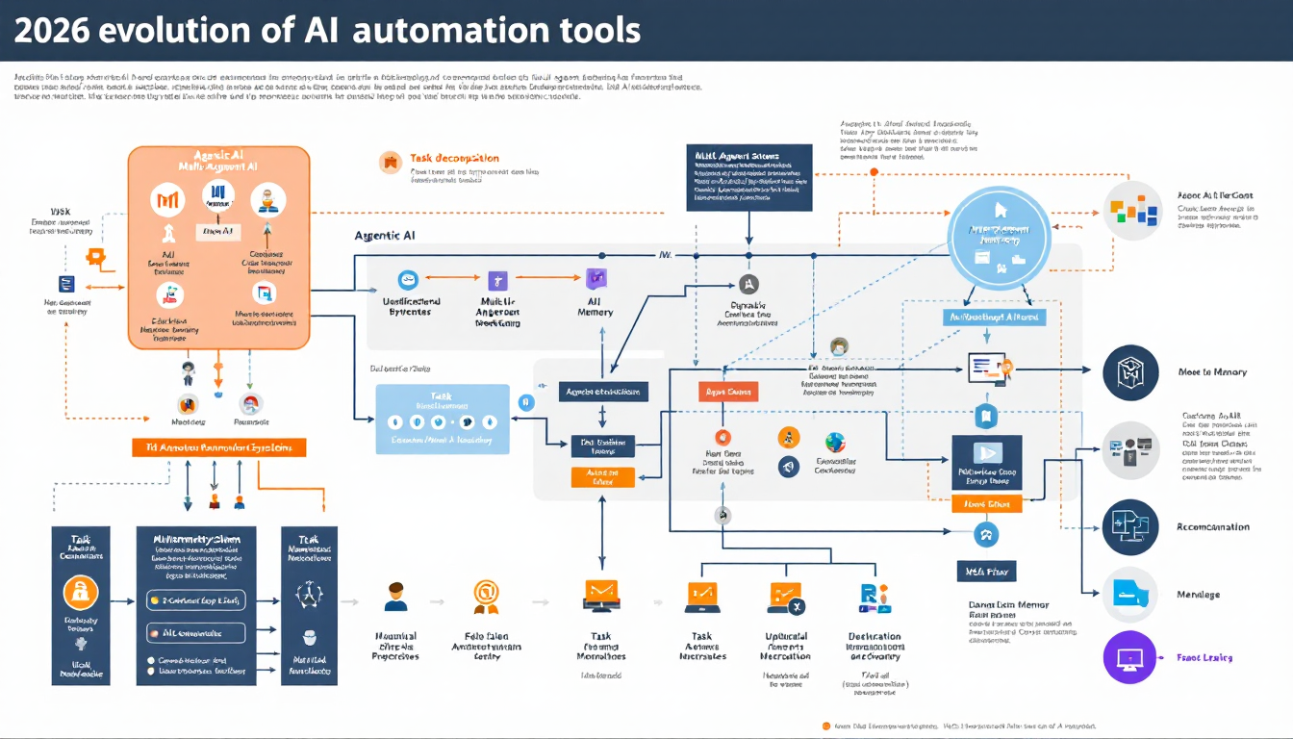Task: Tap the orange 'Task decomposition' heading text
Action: (x=454, y=158)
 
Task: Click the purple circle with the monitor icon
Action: (x=1129, y=658)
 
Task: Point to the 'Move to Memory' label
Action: (x=1212, y=372)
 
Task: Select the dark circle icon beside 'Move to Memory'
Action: (x=1129, y=373)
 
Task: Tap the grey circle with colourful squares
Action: (x=1131, y=210)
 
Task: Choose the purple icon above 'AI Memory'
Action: (x=596, y=280)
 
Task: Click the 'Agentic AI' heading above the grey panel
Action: (x=385, y=235)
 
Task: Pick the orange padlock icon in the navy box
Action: (x=81, y=592)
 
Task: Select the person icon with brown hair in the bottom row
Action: (x=395, y=597)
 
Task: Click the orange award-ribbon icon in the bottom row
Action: (x=486, y=596)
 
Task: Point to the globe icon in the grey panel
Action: (x=834, y=442)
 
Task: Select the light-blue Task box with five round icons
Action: (x=442, y=420)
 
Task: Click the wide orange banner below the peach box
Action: (x=218, y=447)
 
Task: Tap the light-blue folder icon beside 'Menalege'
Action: (x=1129, y=595)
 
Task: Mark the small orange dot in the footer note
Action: (x=825, y=726)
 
